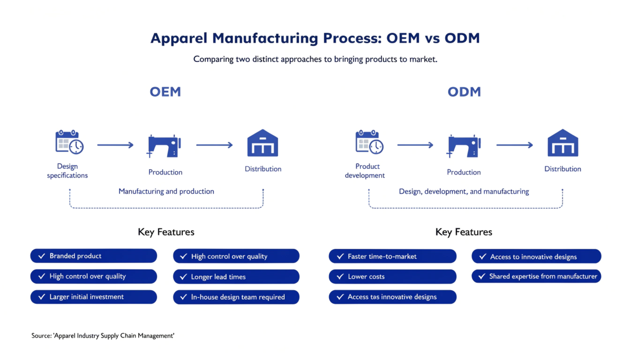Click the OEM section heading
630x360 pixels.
(165, 92)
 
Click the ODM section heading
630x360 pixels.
(464, 92)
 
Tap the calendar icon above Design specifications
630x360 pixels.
(69, 142)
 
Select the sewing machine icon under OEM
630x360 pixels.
(164, 146)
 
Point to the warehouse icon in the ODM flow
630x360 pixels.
(563, 143)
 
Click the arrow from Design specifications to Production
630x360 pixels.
(115, 145)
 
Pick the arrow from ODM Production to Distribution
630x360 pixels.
(515, 145)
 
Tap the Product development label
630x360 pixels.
(365, 171)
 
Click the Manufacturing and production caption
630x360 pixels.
(166, 191)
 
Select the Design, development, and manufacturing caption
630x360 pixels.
(464, 192)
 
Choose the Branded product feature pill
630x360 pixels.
(94, 256)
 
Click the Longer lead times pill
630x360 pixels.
(236, 277)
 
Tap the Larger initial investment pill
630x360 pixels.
(94, 297)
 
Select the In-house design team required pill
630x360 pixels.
(236, 297)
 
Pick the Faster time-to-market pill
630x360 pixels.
(393, 256)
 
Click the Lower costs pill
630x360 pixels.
(393, 277)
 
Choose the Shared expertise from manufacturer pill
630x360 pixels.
(536, 276)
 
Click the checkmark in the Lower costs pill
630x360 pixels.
(340, 277)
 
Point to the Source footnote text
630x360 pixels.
(103, 336)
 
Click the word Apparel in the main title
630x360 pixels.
(179, 38)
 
